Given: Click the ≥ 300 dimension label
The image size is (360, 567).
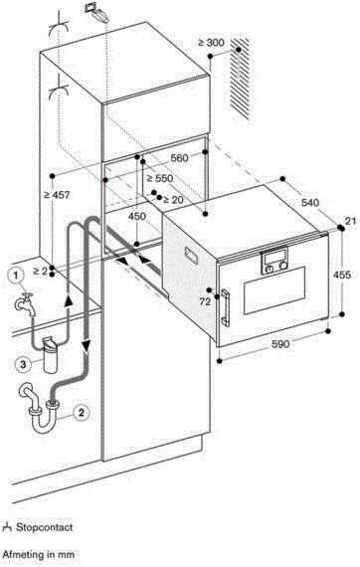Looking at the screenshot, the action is (x=211, y=43).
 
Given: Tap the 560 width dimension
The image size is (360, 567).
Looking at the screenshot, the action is (x=179, y=158).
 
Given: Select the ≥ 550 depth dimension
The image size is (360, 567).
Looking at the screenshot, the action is (x=160, y=178).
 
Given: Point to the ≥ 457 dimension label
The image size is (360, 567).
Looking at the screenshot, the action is (x=57, y=195).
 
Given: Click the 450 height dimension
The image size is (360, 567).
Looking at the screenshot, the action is (x=137, y=216).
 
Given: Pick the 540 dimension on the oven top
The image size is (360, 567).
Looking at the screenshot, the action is (x=310, y=202).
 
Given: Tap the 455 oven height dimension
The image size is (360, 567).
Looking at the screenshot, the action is (x=341, y=275).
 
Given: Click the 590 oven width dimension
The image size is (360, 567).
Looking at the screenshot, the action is (x=280, y=343).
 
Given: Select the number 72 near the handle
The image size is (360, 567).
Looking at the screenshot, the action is (x=205, y=301).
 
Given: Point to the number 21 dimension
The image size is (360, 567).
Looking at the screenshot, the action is (x=351, y=221).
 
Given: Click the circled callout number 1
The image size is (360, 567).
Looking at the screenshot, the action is (x=16, y=276).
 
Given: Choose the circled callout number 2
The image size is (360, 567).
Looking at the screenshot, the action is (x=81, y=412).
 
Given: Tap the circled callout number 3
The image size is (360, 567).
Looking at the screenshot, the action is (x=23, y=364).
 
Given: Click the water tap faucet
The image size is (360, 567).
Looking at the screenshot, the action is (x=25, y=303).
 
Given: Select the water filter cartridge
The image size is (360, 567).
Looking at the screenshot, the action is (x=50, y=354).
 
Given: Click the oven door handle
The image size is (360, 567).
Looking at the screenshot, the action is (x=225, y=307).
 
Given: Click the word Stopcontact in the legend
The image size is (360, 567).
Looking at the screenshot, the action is (x=44, y=527).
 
